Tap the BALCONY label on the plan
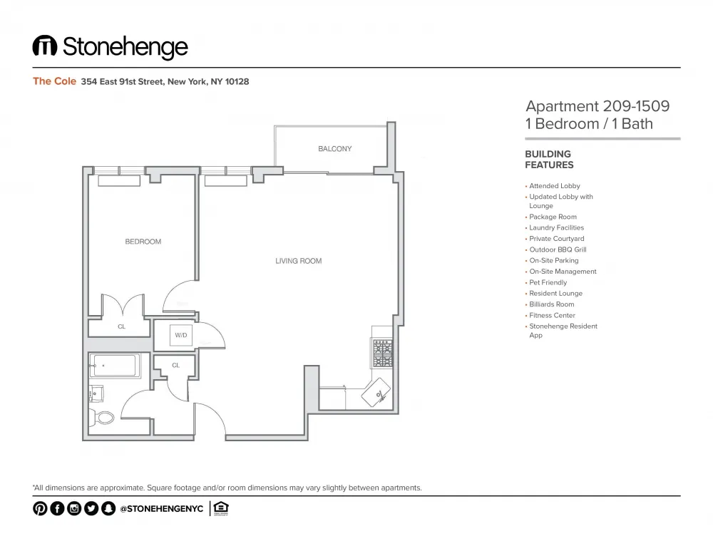pos(334,149)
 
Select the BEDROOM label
pos(143,242)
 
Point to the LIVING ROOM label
pos(298,261)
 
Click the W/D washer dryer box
pos(181,334)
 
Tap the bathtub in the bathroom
pos(116,366)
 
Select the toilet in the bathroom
pos(104,417)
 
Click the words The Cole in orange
pos(54,81)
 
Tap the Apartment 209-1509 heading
pos(597,106)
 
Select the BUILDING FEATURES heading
pos(548,159)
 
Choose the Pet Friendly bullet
pos(548,282)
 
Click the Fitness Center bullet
pos(551,315)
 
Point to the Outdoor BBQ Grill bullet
pos(558,249)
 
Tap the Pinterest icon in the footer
pos(39,508)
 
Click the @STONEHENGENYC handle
pos(161,509)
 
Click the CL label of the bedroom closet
pos(121,326)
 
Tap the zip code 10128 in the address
pos(237,82)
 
